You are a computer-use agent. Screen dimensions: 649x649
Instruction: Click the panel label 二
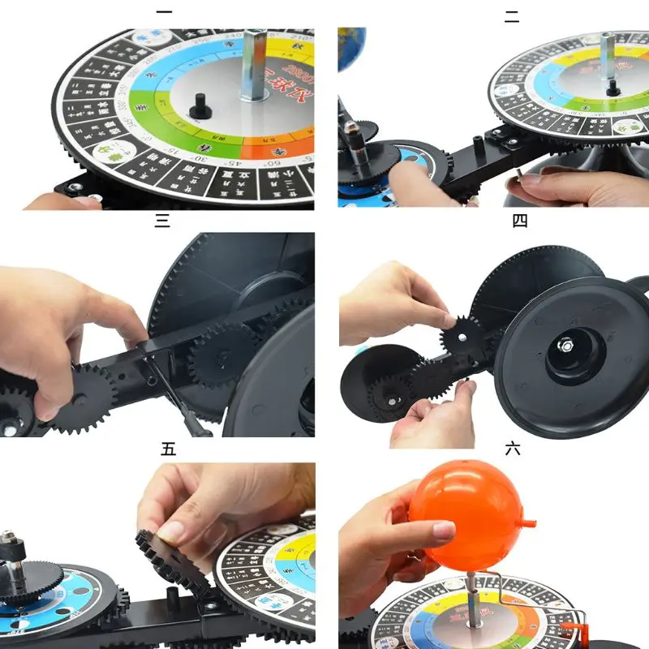click(x=512, y=16)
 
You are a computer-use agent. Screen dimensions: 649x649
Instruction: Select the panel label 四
click(x=520, y=221)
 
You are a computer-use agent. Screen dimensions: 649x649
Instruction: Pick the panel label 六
click(x=512, y=448)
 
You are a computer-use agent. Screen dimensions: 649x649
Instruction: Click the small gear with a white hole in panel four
click(x=461, y=333)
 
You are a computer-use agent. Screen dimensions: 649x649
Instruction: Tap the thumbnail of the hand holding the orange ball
click(x=443, y=531)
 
